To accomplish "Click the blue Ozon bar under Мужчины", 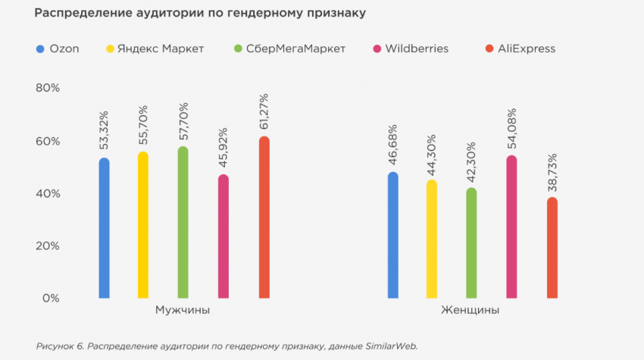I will pos(104,227).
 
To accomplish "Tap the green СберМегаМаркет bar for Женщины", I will pos(471,243).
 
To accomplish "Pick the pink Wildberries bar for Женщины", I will pos(511,227).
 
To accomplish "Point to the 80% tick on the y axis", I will pos(47,89).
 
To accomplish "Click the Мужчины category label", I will pos(183,311).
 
